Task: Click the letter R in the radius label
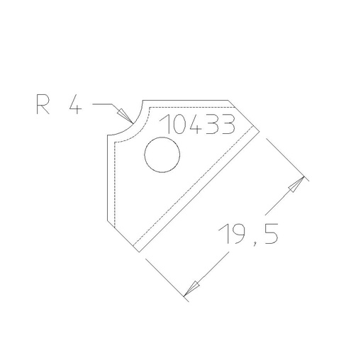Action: point(42,106)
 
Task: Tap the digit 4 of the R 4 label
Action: point(74,106)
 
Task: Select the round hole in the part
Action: point(162,154)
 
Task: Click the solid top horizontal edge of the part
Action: point(186,101)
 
